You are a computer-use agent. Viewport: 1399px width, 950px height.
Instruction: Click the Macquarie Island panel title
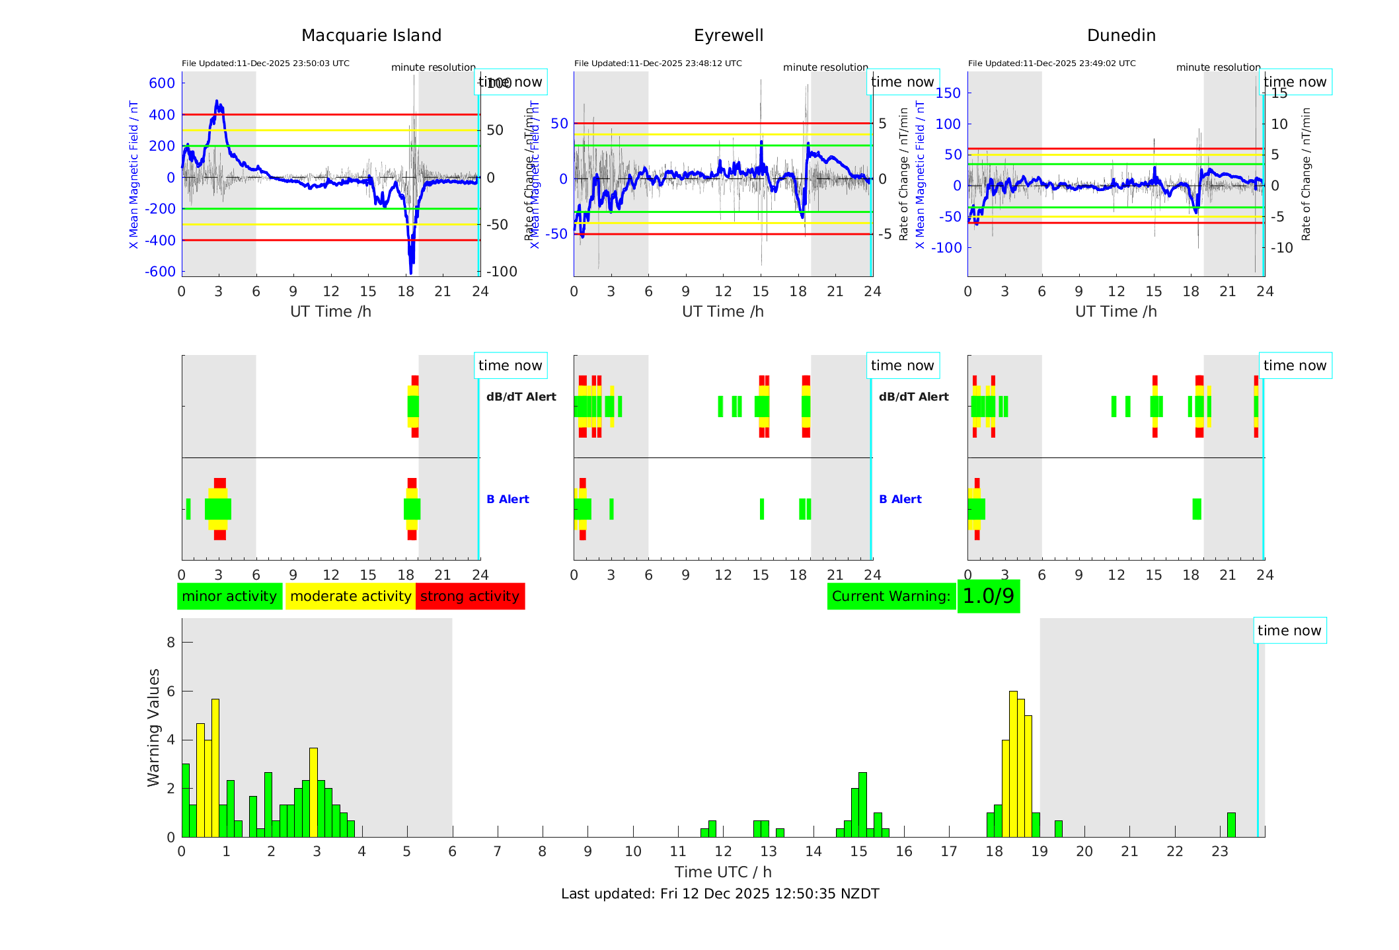[x=371, y=36]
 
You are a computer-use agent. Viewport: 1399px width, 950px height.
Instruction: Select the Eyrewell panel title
[x=728, y=36]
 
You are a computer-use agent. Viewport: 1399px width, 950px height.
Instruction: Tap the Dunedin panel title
[x=1121, y=36]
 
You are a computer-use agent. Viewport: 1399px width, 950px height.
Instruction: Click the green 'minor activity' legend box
[x=229, y=596]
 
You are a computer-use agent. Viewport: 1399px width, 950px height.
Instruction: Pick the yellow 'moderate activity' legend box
[x=350, y=596]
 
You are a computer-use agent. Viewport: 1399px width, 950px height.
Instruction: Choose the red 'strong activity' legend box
[x=470, y=596]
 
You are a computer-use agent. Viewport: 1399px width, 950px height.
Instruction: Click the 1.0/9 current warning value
[x=988, y=596]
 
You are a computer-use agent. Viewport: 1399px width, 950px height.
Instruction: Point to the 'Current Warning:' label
[x=891, y=596]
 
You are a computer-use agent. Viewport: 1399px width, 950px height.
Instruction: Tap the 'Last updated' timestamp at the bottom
[x=720, y=894]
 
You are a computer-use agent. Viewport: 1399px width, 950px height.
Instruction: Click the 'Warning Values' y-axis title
[x=153, y=727]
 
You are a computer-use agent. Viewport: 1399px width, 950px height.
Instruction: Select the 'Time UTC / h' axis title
[x=723, y=872]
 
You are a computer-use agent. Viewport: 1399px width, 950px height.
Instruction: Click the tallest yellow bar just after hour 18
[x=1013, y=764]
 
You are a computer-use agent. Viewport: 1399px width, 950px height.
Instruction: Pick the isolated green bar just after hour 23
[x=1231, y=825]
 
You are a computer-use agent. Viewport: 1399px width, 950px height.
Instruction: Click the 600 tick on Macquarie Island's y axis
[x=162, y=83]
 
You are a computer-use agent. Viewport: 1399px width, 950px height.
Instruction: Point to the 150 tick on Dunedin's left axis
[x=948, y=93]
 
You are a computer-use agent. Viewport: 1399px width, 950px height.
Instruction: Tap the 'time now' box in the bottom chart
[x=1289, y=631]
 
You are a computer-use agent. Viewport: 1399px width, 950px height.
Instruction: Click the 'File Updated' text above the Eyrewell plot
[x=658, y=63]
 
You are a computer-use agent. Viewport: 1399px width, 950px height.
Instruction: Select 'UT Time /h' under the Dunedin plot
[x=1115, y=311]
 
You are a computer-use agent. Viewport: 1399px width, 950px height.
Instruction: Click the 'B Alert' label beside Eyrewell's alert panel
[x=900, y=499]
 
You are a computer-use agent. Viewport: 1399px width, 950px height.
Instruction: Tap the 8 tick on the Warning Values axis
[x=171, y=643]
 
